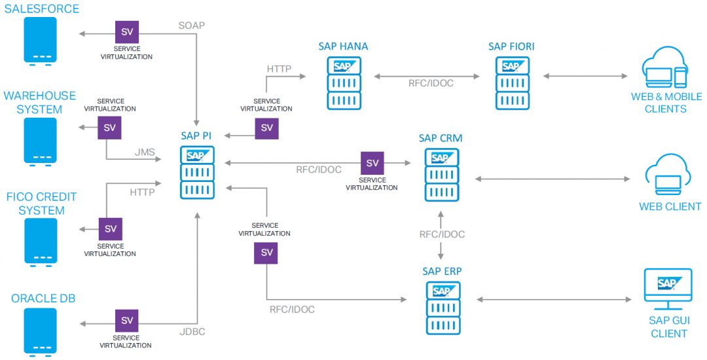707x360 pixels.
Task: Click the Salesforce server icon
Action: tap(40, 41)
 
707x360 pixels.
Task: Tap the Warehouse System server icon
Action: tap(40, 141)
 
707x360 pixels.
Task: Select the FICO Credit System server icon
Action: tap(40, 242)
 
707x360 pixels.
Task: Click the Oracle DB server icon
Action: tap(40, 331)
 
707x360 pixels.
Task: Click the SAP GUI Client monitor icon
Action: tap(668, 288)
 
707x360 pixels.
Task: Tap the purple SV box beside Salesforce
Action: tap(127, 32)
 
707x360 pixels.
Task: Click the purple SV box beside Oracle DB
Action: tap(127, 321)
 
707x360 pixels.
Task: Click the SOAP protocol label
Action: tap(192, 26)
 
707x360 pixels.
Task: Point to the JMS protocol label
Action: tap(145, 153)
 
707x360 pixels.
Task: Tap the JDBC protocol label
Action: tap(192, 332)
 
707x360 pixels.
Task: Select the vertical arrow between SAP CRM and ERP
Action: tap(442, 234)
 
